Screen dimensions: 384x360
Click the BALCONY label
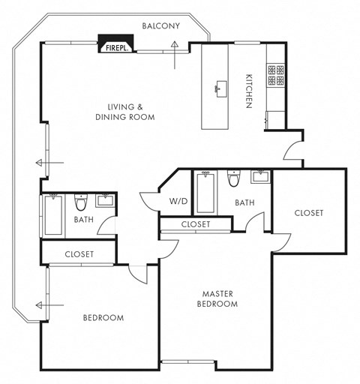161,26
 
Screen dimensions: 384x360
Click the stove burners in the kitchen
275,74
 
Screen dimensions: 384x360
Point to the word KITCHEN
248,91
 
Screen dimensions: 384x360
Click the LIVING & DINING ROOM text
124,112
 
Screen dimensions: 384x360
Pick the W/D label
178,201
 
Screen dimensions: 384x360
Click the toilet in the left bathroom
81,202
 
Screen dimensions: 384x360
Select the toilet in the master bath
233,179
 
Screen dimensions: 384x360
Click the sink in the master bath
261,177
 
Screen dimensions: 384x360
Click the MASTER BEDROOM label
217,298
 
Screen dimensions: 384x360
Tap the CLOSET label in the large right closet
308,213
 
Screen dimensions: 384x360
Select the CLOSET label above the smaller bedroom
79,254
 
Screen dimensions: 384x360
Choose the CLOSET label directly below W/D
195,224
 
